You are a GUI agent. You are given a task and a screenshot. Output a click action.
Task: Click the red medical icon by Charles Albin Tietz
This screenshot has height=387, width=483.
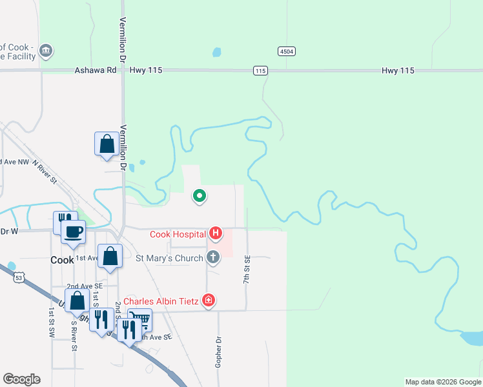pyautogui.click(x=208, y=300)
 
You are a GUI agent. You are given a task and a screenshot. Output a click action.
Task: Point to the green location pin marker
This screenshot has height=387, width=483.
pyautogui.click(x=200, y=195)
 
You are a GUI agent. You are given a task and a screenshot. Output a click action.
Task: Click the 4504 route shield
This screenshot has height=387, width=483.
pyautogui.click(x=287, y=50)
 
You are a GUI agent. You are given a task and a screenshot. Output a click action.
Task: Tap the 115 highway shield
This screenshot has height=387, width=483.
pyautogui.click(x=260, y=70)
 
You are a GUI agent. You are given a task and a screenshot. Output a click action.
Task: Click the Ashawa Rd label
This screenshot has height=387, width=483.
pyautogui.click(x=95, y=70)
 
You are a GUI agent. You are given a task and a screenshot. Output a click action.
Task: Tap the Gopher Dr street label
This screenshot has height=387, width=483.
pyautogui.click(x=218, y=352)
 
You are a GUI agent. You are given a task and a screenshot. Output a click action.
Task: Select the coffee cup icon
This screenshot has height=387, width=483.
pyautogui.click(x=73, y=231)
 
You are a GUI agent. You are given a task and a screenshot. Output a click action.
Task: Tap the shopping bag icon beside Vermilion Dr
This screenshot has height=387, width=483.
pyautogui.click(x=107, y=144)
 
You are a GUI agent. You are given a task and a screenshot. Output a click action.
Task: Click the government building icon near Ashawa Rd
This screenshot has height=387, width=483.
pyautogui.click(x=45, y=50)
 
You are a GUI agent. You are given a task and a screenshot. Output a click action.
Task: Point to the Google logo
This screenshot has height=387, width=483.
pyautogui.click(x=21, y=379)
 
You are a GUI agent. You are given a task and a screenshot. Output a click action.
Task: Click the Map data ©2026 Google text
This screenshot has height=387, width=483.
pyautogui.click(x=442, y=382)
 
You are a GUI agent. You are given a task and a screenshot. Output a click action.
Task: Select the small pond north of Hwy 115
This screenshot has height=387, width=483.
pyautogui.click(x=216, y=52)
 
